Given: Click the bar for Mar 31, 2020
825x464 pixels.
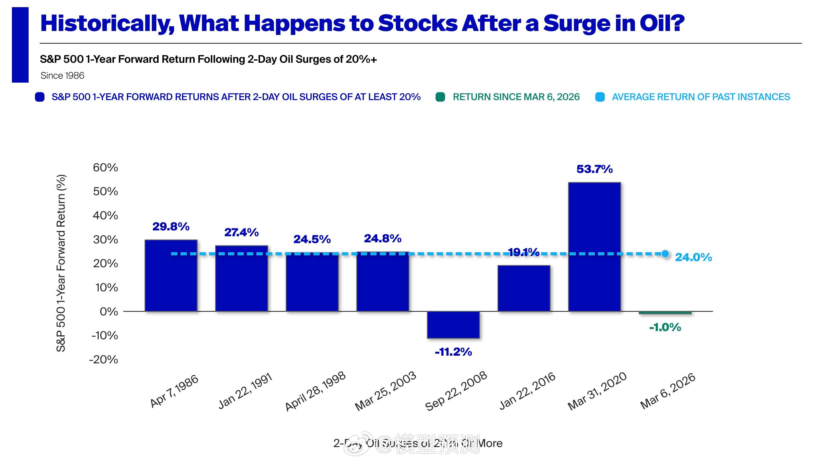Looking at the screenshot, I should [595, 247].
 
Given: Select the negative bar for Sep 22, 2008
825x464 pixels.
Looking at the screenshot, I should [453, 324].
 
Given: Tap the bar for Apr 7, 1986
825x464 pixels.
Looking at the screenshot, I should [171, 275].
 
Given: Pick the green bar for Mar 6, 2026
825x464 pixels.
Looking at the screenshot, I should [665, 313].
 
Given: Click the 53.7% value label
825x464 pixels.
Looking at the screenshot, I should [595, 169].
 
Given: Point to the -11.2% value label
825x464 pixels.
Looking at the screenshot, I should [453, 352].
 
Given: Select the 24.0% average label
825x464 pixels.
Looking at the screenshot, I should [693, 257].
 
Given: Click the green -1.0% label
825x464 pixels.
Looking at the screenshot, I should [665, 327].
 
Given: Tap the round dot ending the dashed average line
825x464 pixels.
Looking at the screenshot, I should [665, 254].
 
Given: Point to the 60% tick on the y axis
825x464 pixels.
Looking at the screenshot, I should [105, 167].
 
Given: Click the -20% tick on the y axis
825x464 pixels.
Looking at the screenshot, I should [103, 360].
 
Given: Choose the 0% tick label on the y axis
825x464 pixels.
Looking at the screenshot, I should [109, 311].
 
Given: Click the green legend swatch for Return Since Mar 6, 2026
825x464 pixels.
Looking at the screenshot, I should [440, 97].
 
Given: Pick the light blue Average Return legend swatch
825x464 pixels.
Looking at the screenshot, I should [600, 97].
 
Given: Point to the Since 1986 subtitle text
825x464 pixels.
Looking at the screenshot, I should [63, 75].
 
